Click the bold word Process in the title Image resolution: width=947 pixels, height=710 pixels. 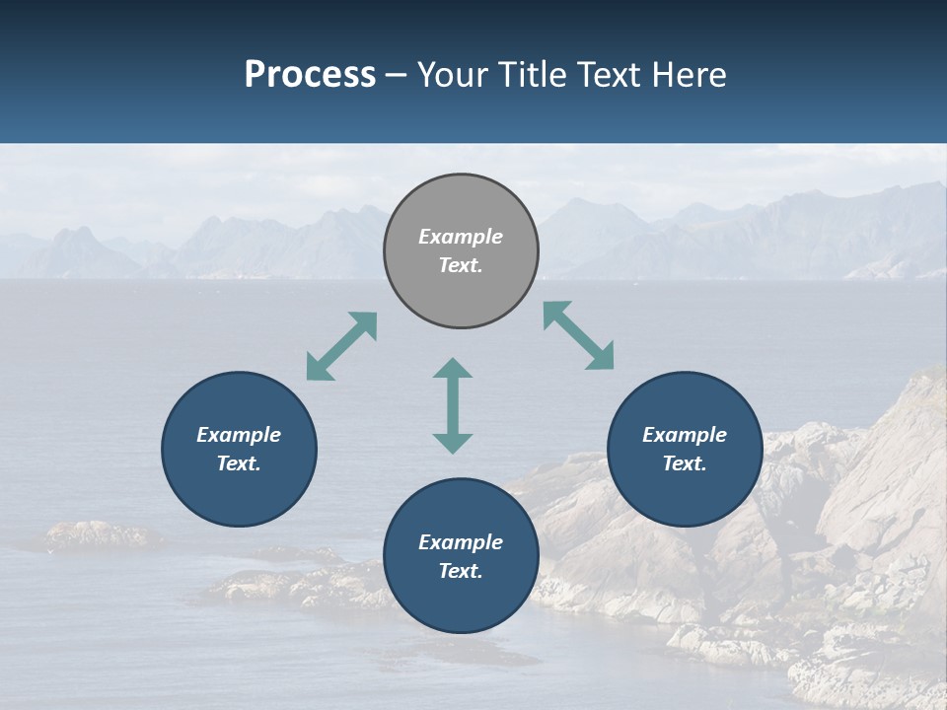point(310,75)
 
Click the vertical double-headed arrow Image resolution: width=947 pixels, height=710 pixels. point(453,405)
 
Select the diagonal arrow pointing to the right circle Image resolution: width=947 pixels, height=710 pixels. point(578,335)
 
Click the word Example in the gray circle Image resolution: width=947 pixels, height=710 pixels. point(461,237)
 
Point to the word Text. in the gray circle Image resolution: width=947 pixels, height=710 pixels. point(461,265)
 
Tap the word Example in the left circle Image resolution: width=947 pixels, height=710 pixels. point(239,435)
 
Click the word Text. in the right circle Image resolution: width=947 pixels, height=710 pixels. point(685,463)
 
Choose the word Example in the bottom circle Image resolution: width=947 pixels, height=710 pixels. point(461,542)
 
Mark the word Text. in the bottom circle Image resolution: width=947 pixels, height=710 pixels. point(461,571)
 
